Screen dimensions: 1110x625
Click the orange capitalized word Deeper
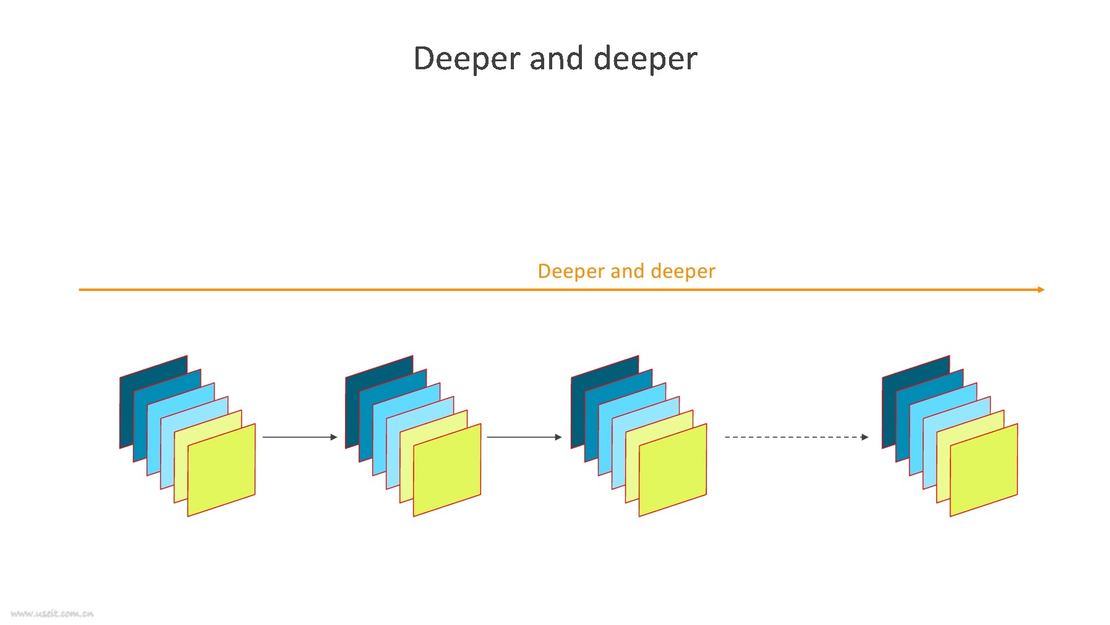coord(571,272)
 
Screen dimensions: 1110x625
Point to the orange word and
coord(627,271)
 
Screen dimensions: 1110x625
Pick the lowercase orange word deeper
coord(683,272)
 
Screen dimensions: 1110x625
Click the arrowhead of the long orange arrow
coord(1041,290)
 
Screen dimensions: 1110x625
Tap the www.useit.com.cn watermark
coord(53,614)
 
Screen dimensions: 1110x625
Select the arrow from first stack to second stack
coord(300,437)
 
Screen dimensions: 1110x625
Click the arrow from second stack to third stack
coord(524,437)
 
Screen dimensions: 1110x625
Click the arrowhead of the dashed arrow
coord(865,437)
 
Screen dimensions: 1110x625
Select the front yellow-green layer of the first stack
coord(221,470)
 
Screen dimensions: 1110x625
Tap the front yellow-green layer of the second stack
coord(447,470)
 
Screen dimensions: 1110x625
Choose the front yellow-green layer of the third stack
coord(673,470)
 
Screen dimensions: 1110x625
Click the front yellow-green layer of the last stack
coord(984,470)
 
